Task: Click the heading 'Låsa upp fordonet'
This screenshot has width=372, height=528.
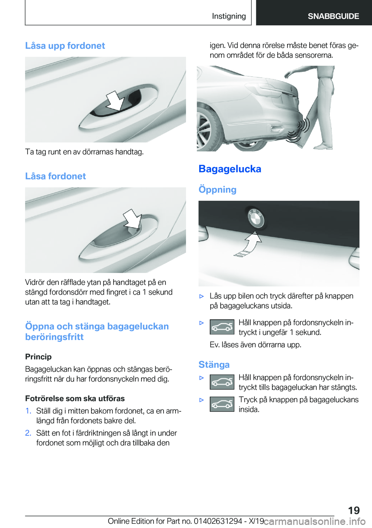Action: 65,46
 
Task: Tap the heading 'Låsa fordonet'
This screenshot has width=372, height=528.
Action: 55,176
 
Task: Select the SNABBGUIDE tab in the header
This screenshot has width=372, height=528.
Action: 333,16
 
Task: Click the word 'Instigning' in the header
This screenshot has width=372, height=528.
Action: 229,16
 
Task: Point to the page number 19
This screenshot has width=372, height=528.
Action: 354,510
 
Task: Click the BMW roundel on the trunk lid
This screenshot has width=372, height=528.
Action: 256,219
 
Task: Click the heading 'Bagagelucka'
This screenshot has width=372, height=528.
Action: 230,169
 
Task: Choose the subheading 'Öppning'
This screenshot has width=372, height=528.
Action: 217,190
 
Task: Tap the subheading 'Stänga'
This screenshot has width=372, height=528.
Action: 214,365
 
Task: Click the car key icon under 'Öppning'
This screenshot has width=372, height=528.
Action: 222,327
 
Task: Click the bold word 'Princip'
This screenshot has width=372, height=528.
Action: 38,357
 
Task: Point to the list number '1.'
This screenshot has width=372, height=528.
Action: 28,411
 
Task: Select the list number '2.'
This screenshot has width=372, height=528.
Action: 28,433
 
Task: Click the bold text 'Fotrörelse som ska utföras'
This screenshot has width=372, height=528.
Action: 75,399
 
